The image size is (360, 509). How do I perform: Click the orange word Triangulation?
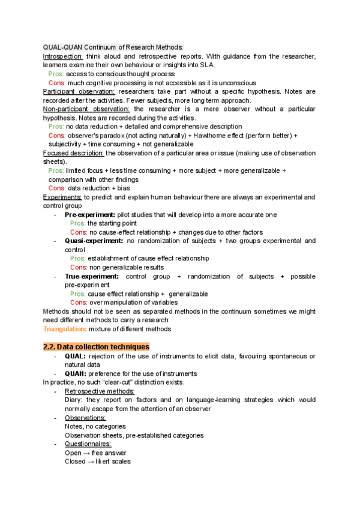point(65,328)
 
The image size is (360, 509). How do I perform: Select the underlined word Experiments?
point(63,197)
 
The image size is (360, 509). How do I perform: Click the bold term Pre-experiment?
point(90,214)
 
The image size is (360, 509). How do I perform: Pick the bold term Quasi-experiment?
point(94,241)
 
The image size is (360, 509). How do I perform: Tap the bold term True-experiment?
point(92,276)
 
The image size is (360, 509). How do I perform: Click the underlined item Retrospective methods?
point(100,391)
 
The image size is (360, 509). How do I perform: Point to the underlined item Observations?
point(85,418)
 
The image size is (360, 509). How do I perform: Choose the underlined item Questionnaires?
point(88,444)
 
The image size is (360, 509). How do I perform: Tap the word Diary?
point(73,400)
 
